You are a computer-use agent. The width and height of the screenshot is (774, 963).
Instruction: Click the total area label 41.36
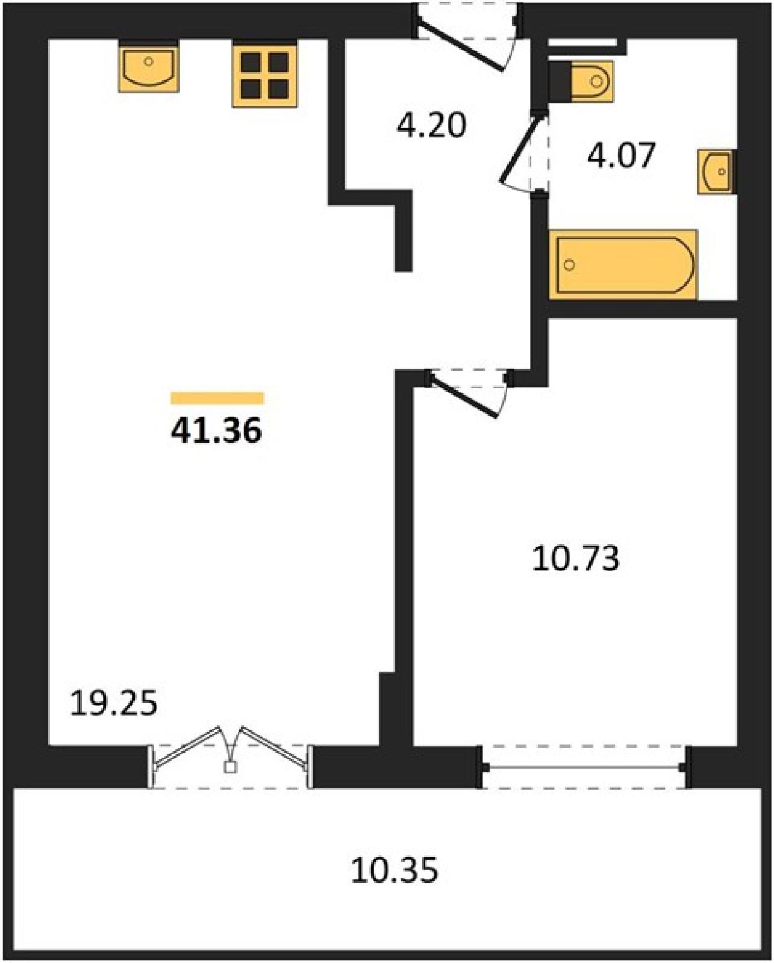(x=216, y=432)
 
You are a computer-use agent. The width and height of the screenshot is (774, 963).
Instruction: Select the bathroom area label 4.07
(x=621, y=155)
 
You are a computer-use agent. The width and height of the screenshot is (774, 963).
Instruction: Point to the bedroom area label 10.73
(x=576, y=559)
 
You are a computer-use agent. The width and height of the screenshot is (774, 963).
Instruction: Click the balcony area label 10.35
(x=394, y=870)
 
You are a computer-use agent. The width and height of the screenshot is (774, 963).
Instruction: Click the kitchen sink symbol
(x=149, y=66)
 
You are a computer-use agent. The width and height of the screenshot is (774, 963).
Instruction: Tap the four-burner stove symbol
(x=264, y=74)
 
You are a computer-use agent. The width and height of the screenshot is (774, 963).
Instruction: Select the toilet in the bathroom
(x=591, y=81)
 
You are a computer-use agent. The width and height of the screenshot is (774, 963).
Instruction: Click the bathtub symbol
(x=623, y=264)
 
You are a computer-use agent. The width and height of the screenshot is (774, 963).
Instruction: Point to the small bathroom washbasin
(x=716, y=172)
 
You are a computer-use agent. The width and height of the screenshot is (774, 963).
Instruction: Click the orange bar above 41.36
(x=217, y=398)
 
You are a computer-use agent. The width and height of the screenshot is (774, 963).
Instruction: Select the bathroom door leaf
(x=521, y=149)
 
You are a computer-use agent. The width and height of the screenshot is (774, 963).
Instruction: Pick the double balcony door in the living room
(x=230, y=746)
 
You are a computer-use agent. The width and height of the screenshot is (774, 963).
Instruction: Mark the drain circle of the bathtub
(x=569, y=265)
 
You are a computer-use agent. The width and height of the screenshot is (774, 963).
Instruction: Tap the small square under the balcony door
(x=230, y=767)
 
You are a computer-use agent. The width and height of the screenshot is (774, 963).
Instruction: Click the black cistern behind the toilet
(x=560, y=81)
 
